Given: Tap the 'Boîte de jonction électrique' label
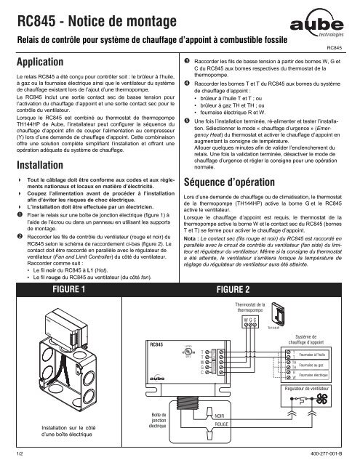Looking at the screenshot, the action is click(158, 418).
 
